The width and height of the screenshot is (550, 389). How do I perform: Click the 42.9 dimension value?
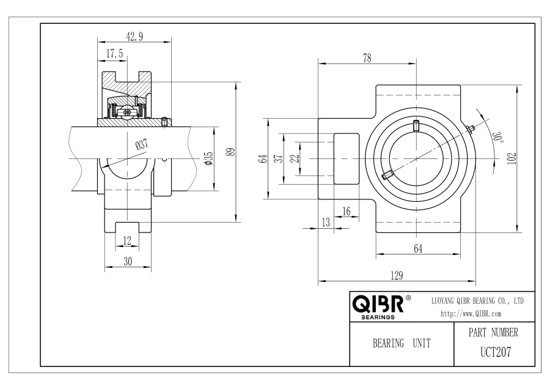[134, 36]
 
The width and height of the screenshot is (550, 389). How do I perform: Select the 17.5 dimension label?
[115, 54]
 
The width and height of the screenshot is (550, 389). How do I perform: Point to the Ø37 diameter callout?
[142, 144]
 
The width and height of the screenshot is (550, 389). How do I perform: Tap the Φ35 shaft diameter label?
[209, 158]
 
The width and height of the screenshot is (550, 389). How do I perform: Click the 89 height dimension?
[230, 152]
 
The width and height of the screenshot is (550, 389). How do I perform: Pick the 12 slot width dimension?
[127, 240]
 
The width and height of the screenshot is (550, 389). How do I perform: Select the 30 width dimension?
[128, 262]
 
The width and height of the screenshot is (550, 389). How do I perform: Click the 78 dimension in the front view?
[367, 58]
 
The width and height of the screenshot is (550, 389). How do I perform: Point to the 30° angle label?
[497, 137]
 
